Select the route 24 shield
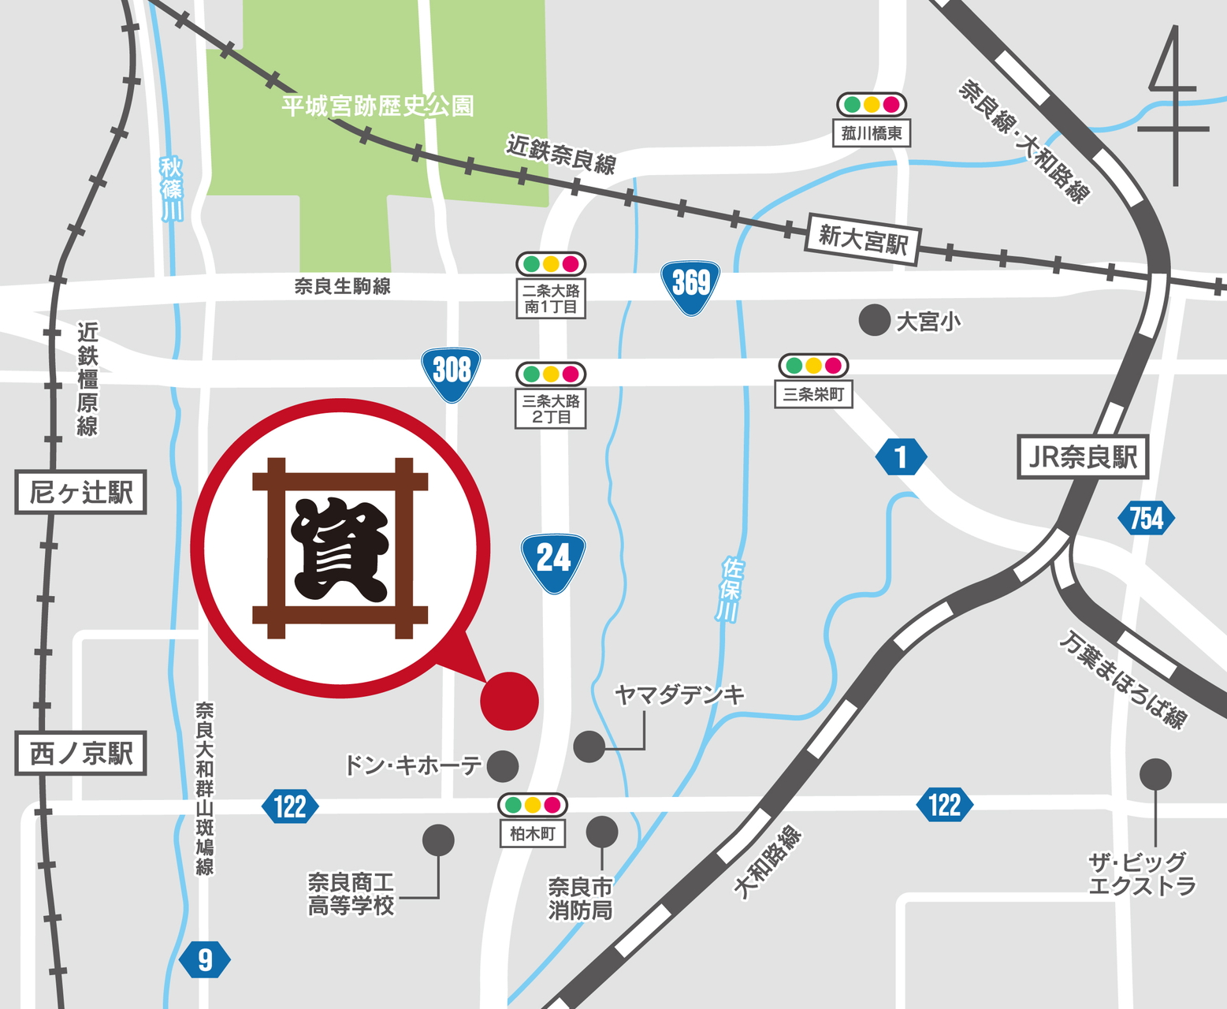(x=553, y=561)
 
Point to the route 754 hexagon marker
(x=1146, y=519)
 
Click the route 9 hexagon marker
(x=205, y=960)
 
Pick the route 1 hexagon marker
(x=901, y=457)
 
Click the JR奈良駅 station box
(x=1083, y=456)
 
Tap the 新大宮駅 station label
(x=863, y=239)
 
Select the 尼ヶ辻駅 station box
(x=80, y=493)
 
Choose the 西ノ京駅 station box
(x=80, y=754)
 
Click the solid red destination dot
(x=509, y=700)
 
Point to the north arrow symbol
(x=1175, y=106)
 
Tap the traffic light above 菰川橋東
(x=871, y=104)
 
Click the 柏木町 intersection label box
(x=533, y=833)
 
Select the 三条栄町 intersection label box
(x=812, y=394)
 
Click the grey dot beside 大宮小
(x=874, y=320)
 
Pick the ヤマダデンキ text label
(x=679, y=694)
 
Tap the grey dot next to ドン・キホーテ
(x=503, y=765)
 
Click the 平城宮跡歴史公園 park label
(x=377, y=106)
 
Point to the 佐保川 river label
(x=731, y=590)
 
